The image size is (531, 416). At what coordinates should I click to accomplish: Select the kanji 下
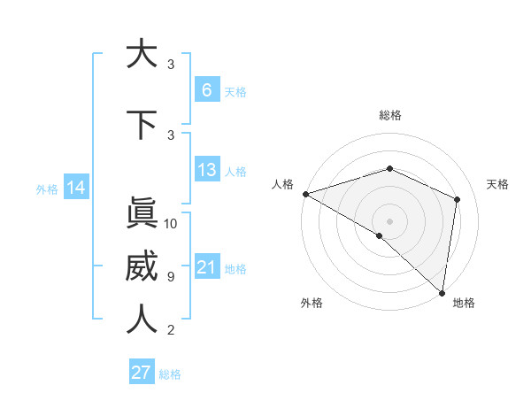(x=141, y=124)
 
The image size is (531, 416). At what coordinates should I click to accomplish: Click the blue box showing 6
(x=206, y=90)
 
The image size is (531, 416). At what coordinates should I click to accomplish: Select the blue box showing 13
(x=206, y=170)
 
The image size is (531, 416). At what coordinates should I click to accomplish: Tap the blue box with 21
(x=206, y=267)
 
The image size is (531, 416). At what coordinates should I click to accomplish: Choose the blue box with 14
(x=75, y=188)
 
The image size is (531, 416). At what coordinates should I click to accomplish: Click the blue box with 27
(x=142, y=373)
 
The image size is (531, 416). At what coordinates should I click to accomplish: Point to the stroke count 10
(x=171, y=224)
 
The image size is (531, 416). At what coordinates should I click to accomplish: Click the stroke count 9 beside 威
(x=171, y=277)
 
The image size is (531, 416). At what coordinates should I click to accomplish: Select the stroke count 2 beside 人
(x=171, y=330)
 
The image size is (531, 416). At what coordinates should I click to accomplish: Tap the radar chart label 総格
(x=390, y=115)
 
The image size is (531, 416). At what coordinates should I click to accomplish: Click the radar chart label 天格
(x=497, y=184)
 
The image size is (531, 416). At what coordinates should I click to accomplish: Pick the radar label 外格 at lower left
(x=312, y=303)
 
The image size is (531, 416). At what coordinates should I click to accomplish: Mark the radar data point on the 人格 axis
(x=305, y=194)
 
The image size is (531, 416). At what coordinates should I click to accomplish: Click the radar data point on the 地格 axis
(x=442, y=292)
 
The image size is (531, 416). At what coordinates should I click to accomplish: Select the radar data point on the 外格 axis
(x=379, y=235)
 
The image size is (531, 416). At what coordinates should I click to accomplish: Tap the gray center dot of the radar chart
(x=390, y=220)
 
